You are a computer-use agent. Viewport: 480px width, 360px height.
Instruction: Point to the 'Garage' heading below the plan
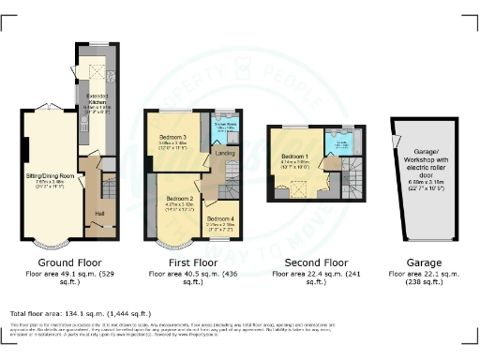415,262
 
